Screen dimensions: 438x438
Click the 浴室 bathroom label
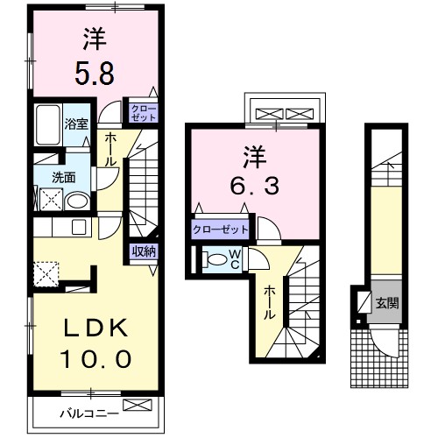pos(76,123)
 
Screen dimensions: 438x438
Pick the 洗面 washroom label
pos(63,177)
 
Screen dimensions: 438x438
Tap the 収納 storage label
pos(145,252)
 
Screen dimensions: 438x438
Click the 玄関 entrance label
pos(386,304)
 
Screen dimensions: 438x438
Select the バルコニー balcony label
pos(88,410)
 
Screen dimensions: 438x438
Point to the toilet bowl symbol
pos(215,258)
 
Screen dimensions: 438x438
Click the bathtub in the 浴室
pos(47,130)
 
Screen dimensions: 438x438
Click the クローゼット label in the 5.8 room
pos(143,111)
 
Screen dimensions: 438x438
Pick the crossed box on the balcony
pos(138,406)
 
